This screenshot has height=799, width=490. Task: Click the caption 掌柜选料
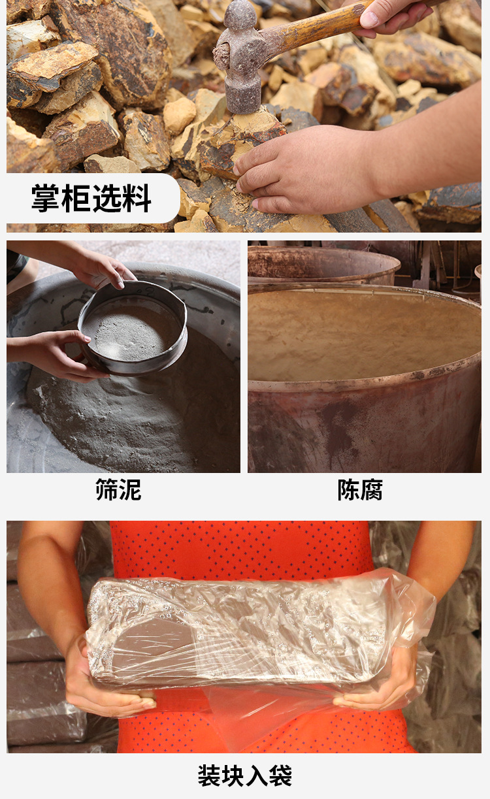(x=91, y=199)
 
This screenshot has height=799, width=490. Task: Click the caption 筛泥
(x=118, y=490)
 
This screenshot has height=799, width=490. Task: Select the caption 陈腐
(x=360, y=490)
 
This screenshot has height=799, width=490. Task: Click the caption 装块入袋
(x=245, y=775)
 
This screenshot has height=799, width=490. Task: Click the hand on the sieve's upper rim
(x=101, y=268)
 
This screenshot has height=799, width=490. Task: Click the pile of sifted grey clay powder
(x=131, y=418)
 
